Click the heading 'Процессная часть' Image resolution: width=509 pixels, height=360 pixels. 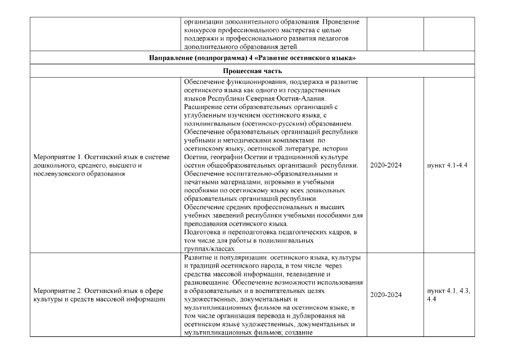pos(254,71)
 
